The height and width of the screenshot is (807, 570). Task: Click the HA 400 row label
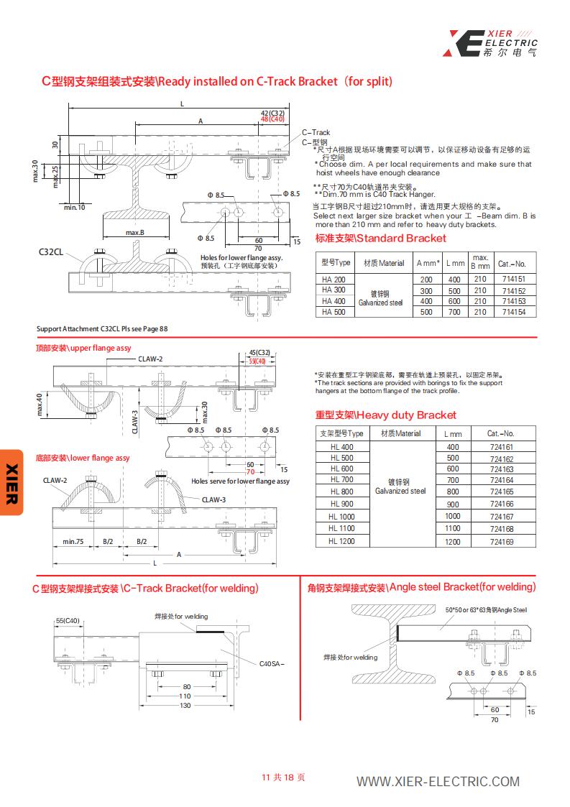click(334, 301)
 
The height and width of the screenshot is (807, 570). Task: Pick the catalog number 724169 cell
click(501, 542)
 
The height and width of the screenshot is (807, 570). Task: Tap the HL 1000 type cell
click(341, 517)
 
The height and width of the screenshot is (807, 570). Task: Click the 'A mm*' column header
click(428, 263)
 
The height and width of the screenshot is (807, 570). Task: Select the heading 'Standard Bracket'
click(381, 239)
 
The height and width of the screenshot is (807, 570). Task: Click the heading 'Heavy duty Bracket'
click(385, 415)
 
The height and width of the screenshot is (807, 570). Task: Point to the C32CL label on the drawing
click(51, 252)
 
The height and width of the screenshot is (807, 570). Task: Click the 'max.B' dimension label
click(135, 233)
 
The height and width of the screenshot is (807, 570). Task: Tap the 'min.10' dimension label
click(74, 207)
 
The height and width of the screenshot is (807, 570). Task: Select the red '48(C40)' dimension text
click(273, 119)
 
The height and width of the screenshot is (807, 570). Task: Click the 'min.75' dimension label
click(73, 541)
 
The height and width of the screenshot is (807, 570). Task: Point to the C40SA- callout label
click(272, 663)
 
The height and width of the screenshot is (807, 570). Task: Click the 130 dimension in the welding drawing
click(185, 705)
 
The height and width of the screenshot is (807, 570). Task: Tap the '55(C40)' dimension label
click(68, 620)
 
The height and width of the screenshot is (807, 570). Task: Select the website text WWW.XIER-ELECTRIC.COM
click(438, 782)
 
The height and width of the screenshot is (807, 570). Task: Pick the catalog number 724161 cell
click(501, 447)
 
